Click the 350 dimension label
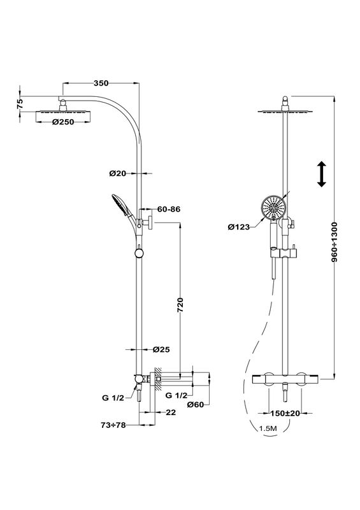(101, 84)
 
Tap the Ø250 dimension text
(63, 122)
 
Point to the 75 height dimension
(20, 104)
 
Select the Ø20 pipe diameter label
(117, 173)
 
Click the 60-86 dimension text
(169, 209)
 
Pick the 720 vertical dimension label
(180, 305)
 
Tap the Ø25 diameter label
(161, 349)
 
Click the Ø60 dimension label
(196, 405)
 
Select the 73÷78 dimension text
(113, 425)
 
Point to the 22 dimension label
(171, 412)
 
